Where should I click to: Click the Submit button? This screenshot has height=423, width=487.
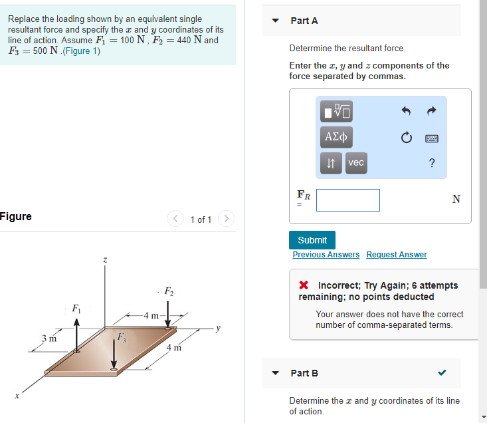pyautogui.click(x=312, y=240)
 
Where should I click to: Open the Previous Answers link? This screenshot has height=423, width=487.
pyautogui.click(x=326, y=255)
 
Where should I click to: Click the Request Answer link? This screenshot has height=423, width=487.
pyautogui.click(x=397, y=255)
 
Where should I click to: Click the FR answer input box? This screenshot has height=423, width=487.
pyautogui.click(x=347, y=200)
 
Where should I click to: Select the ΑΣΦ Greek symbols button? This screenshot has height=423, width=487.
pyautogui.click(x=336, y=137)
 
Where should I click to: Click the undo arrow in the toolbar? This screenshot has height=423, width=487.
pyautogui.click(x=407, y=110)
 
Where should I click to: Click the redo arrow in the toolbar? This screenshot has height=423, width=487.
pyautogui.click(x=432, y=110)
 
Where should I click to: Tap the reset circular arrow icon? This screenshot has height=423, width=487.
pyautogui.click(x=407, y=138)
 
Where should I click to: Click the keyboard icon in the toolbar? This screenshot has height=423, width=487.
pyautogui.click(x=432, y=138)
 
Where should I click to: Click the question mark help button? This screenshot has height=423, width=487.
pyautogui.click(x=432, y=163)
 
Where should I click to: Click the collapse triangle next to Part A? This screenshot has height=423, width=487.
pyautogui.click(x=276, y=21)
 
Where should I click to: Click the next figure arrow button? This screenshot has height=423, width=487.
pyautogui.click(x=227, y=219)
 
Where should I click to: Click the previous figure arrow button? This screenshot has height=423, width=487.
pyautogui.click(x=175, y=219)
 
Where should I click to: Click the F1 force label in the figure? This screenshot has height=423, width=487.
pyautogui.click(x=76, y=309)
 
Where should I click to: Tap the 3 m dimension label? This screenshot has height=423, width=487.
pyautogui.click(x=49, y=339)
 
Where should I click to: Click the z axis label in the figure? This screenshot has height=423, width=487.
pyautogui.click(x=104, y=259)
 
